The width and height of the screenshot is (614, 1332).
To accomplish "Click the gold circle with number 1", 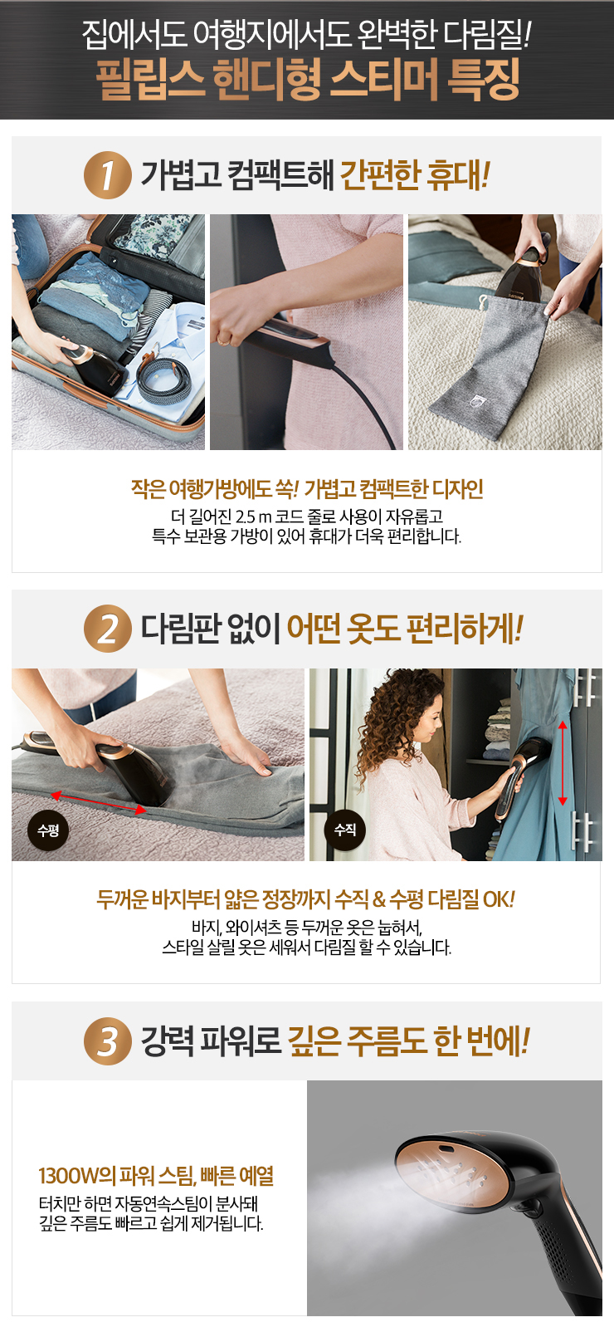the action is pyautogui.click(x=108, y=175).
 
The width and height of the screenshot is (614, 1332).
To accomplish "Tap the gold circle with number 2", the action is pyautogui.click(x=108, y=629).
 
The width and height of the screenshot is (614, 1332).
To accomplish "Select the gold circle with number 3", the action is pyautogui.click(x=108, y=1041).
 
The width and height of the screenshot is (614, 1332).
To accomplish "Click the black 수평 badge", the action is pyautogui.click(x=48, y=830).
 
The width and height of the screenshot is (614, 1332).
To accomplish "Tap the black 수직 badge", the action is pyautogui.click(x=345, y=830).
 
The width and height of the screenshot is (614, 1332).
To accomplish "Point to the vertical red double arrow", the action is pyautogui.click(x=563, y=763).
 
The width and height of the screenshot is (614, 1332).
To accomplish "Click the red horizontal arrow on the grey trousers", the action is pyautogui.click(x=98, y=801).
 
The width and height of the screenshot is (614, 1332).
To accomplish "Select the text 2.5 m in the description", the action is pyautogui.click(x=253, y=517).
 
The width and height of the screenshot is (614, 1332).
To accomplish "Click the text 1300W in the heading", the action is pyautogui.click(x=68, y=1176).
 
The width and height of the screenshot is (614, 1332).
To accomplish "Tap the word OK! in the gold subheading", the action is pyautogui.click(x=499, y=899).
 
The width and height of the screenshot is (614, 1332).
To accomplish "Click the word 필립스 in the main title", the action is pyautogui.click(x=150, y=79).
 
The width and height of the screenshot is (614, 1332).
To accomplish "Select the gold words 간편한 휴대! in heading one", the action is pyautogui.click(x=415, y=175).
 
